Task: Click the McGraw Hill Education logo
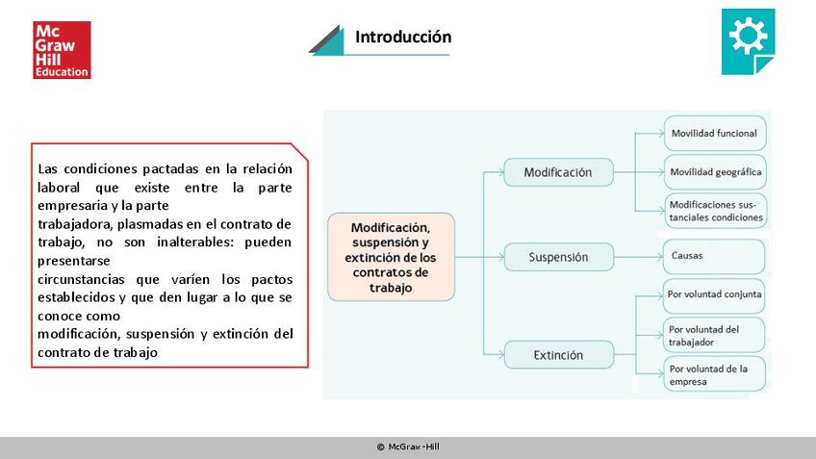point(62,49)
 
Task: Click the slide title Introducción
point(402,38)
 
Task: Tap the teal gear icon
point(747,38)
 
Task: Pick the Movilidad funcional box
point(714,133)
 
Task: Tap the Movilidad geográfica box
point(715,172)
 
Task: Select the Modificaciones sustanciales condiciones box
point(715,211)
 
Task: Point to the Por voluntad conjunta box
point(714,293)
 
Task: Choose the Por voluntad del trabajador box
point(714,335)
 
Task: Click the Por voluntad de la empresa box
point(714,374)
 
